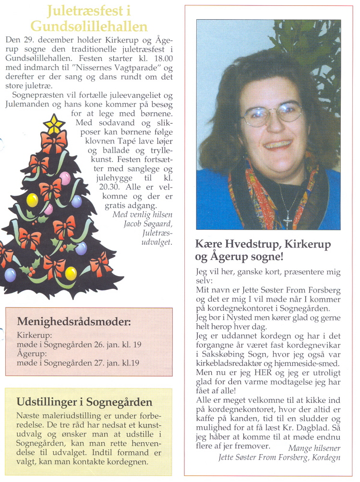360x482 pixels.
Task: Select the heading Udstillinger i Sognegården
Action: [x=84, y=402]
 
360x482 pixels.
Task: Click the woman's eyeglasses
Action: [x=272, y=113]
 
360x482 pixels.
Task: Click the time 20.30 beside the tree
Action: [x=122, y=188]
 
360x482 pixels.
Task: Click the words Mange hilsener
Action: [x=314, y=448]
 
